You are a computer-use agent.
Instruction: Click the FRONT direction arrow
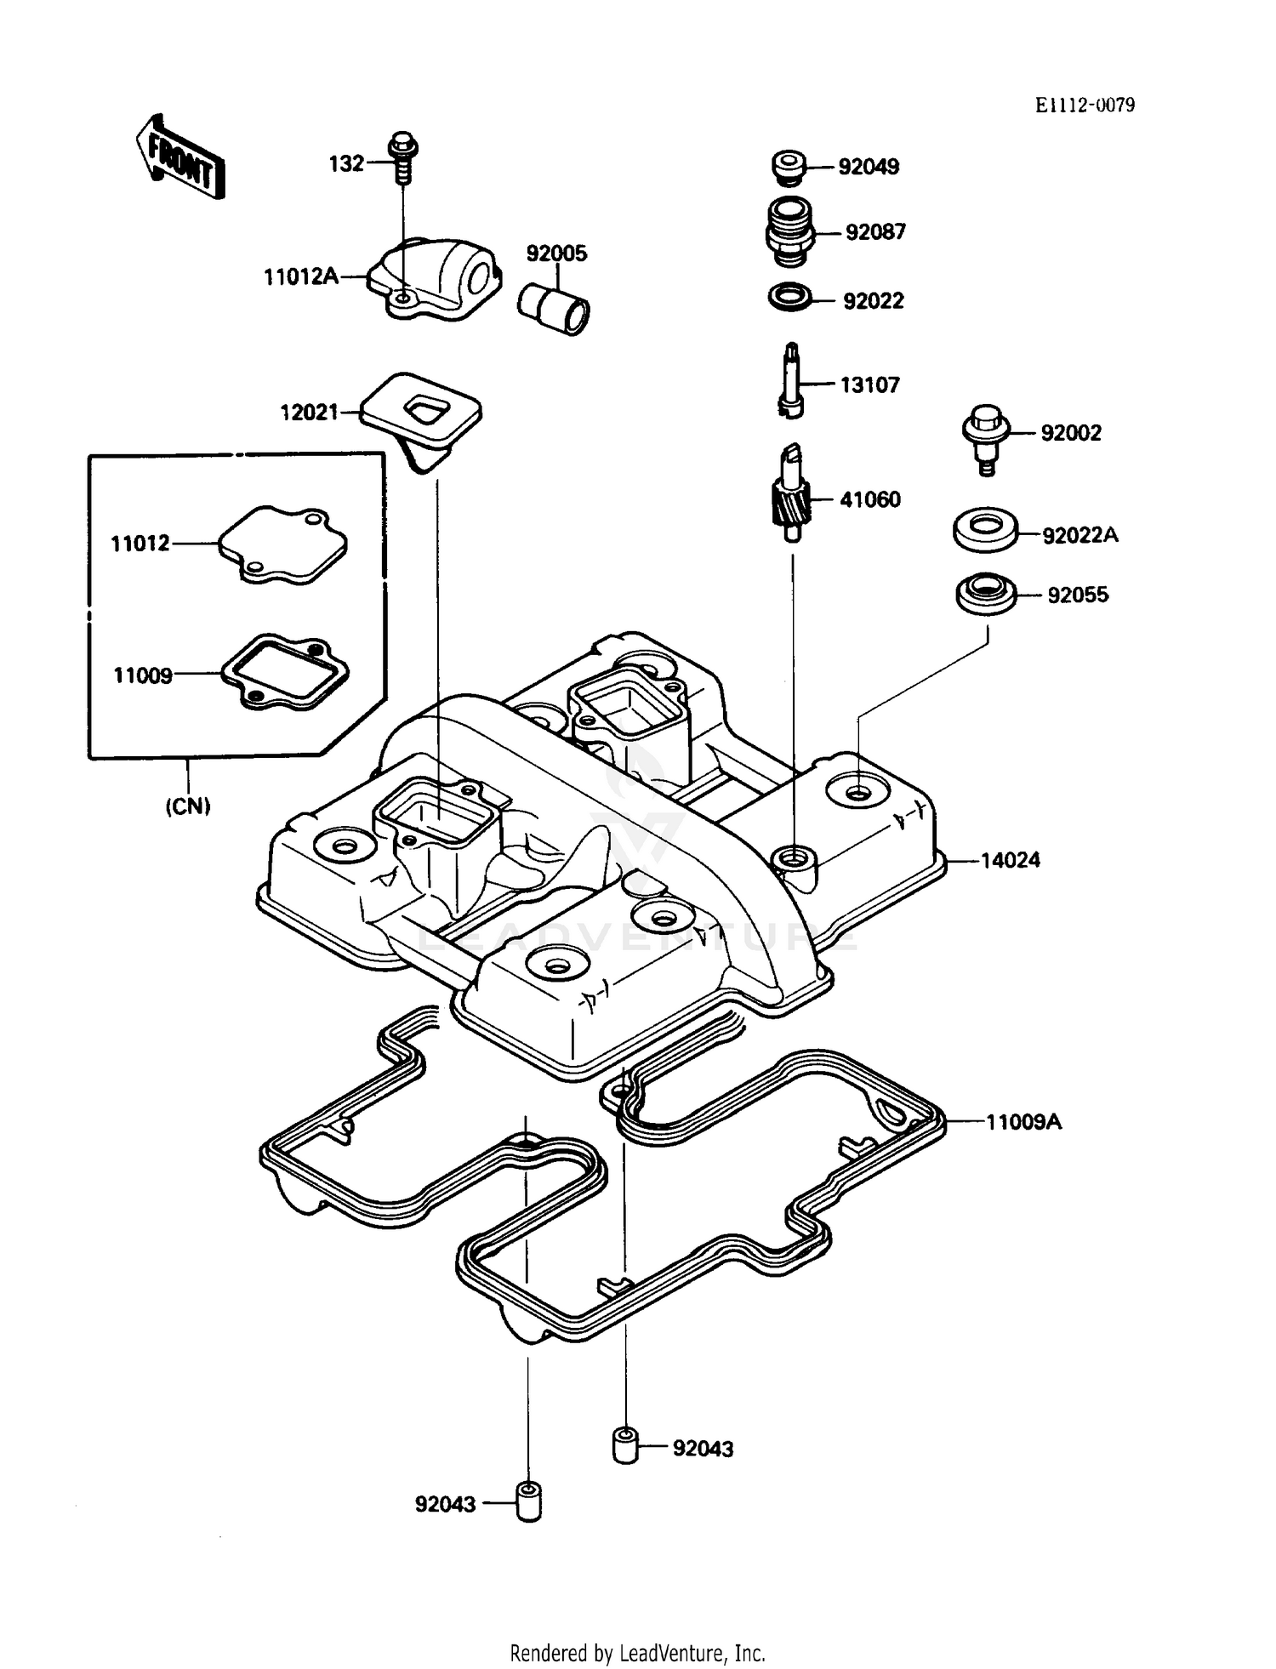[x=180, y=157]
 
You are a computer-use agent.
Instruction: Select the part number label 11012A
[x=301, y=276]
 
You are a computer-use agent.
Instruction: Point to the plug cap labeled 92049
[x=789, y=166]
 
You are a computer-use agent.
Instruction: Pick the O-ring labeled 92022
[x=790, y=299]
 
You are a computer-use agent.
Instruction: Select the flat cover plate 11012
[x=283, y=545]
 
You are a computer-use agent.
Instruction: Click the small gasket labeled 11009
[x=285, y=673]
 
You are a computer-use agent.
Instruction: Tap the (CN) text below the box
[x=187, y=805]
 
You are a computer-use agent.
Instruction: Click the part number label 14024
[x=1010, y=860]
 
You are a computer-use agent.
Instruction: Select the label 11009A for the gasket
[x=1023, y=1122]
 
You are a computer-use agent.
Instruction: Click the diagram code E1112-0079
[x=1085, y=105]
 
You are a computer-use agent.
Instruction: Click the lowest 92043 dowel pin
[x=528, y=1502]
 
